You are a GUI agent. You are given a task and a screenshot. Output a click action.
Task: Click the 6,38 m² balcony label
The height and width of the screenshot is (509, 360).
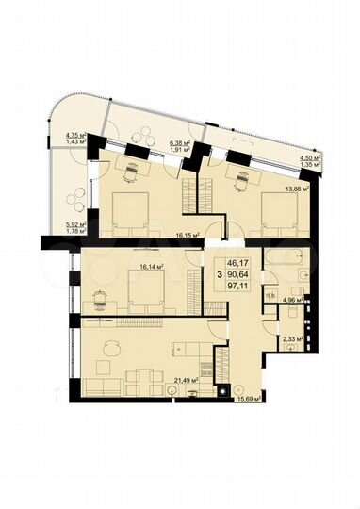[181, 144]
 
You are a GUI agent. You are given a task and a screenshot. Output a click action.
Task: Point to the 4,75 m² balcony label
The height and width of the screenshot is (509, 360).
[65, 136]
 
